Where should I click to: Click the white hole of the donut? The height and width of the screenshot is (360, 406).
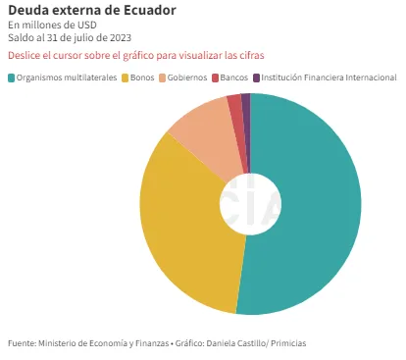click(x=250, y=204)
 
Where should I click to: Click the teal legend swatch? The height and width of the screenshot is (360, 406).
click(x=12, y=77)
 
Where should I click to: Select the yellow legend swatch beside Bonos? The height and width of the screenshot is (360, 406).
click(x=125, y=77)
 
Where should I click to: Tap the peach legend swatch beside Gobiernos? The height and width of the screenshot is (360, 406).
click(x=163, y=77)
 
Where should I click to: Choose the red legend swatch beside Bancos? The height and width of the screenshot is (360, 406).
click(x=215, y=77)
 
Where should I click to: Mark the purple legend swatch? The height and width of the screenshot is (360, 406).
click(x=256, y=77)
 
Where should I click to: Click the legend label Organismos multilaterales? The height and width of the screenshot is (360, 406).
click(x=67, y=77)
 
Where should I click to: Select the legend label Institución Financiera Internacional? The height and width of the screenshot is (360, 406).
click(x=329, y=77)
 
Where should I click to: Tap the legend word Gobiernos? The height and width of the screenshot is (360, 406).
click(x=187, y=77)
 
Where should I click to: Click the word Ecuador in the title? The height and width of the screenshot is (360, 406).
click(x=149, y=11)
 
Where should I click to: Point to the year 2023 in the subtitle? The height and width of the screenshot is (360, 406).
click(x=121, y=38)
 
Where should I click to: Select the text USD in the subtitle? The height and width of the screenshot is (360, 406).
click(x=87, y=26)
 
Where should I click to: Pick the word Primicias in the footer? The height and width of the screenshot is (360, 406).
click(x=288, y=343)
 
